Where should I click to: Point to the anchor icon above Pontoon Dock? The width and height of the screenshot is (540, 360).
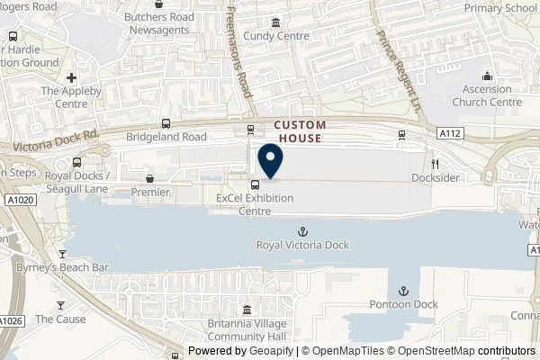click(x=403, y=291)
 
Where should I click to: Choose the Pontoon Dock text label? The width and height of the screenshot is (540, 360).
click(x=403, y=304)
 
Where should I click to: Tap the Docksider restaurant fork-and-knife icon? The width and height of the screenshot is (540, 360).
click(x=434, y=165)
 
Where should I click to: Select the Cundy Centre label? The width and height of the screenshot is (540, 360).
click(x=275, y=37)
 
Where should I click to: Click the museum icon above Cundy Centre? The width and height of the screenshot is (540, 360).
click(x=275, y=23)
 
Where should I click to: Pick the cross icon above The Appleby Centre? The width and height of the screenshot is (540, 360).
click(x=71, y=77)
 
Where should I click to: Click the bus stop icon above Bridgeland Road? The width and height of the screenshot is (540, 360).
click(x=166, y=124)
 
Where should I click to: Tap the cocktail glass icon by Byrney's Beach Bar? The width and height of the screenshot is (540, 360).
click(x=62, y=255)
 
